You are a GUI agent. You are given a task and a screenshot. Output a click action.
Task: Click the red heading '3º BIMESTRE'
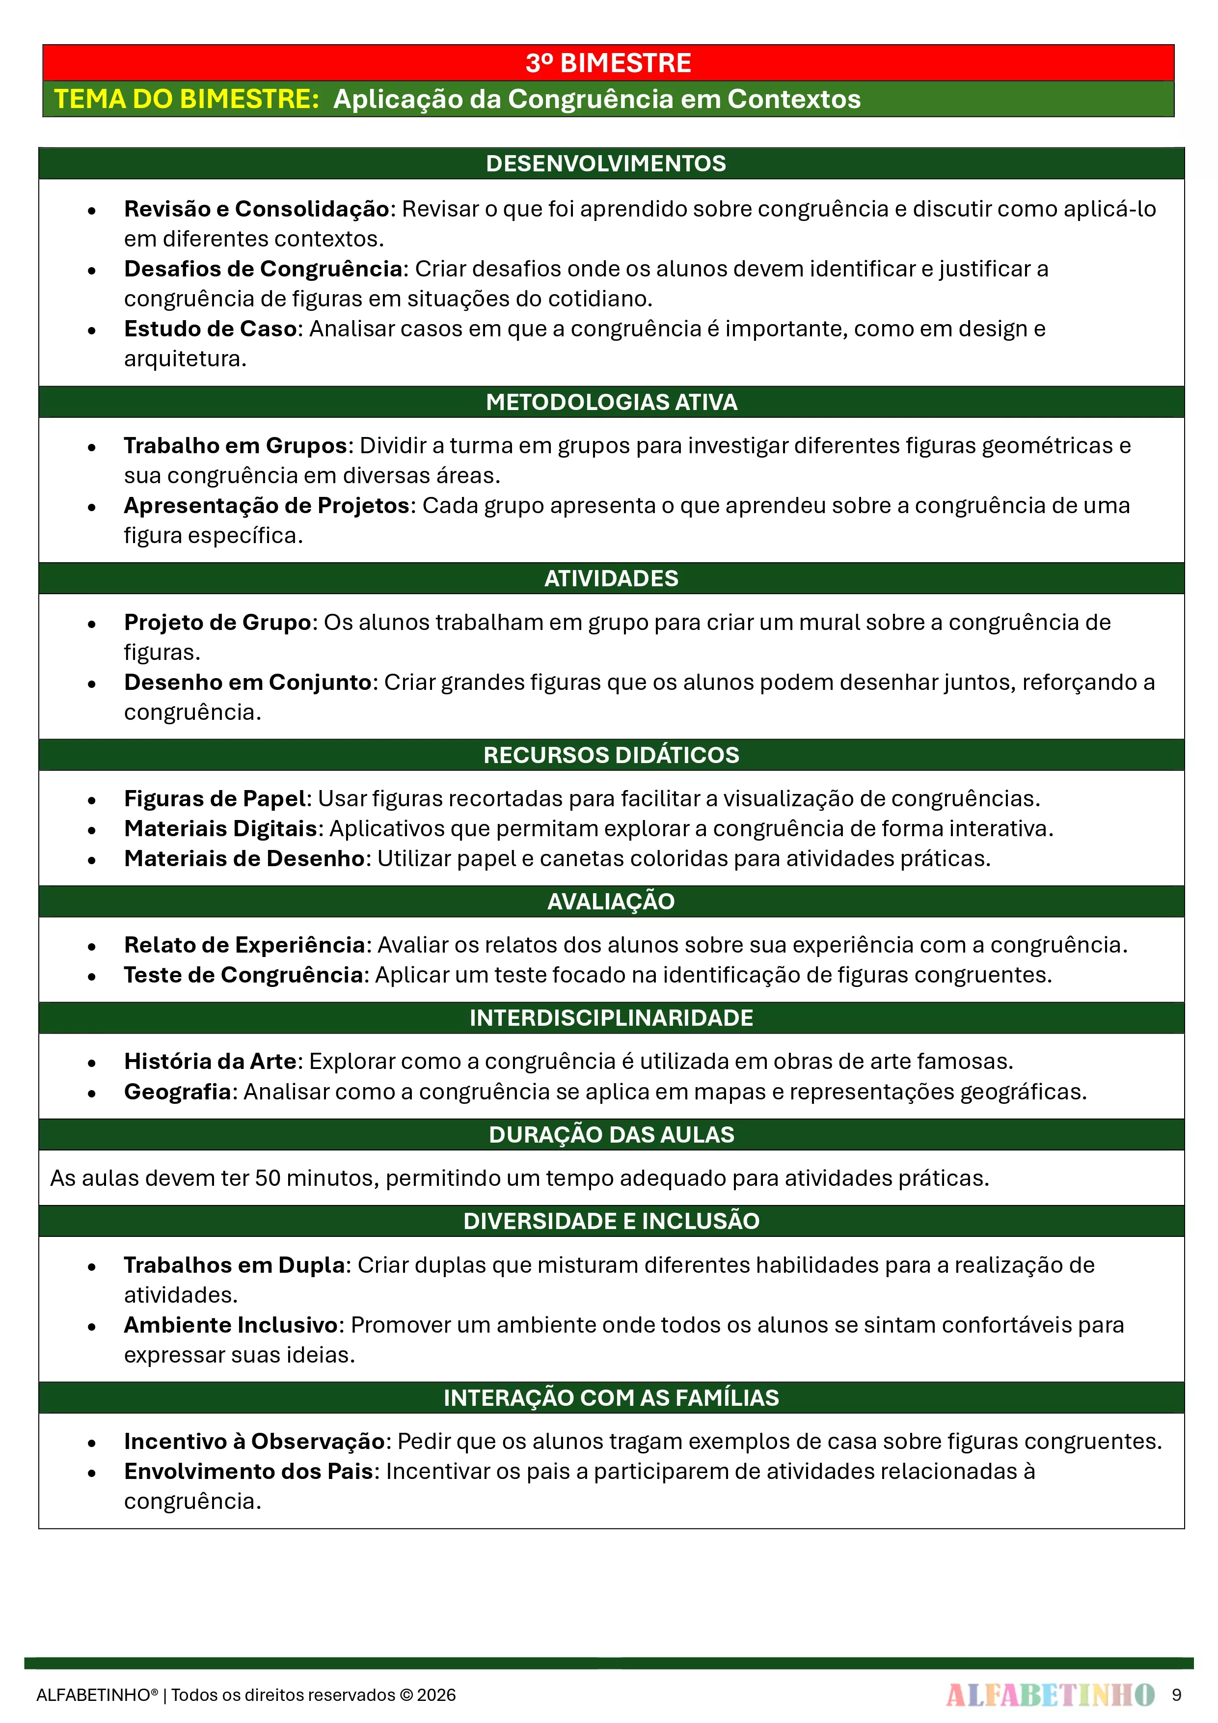[608, 63]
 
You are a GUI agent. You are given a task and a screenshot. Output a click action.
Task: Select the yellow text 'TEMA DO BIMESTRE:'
[187, 99]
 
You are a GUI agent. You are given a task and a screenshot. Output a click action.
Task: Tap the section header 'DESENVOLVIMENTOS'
[606, 164]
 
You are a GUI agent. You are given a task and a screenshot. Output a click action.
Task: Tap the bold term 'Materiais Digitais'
[220, 828]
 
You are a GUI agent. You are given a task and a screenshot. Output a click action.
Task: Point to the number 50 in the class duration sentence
[268, 1178]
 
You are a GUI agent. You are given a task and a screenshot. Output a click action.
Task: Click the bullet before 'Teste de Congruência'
[91, 976]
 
